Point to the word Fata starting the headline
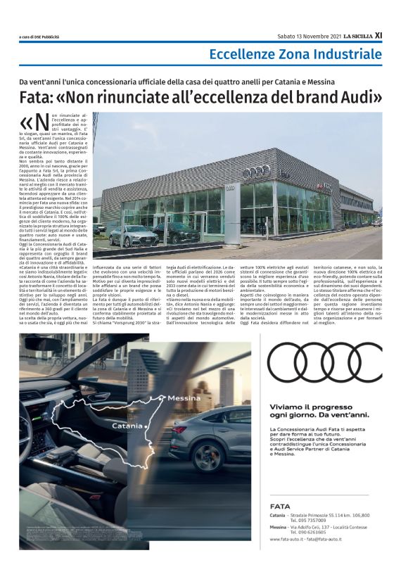point(35,96)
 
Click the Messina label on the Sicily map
point(185,397)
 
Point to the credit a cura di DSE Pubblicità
point(39,36)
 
